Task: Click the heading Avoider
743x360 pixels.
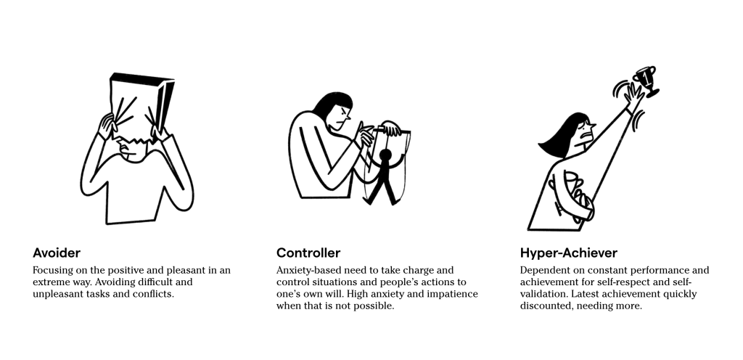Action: click(x=57, y=253)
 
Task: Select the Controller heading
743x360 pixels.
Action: click(x=308, y=253)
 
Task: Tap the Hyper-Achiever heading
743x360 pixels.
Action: click(x=569, y=253)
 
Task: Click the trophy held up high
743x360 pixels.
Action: click(x=646, y=81)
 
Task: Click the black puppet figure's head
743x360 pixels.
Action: click(x=386, y=155)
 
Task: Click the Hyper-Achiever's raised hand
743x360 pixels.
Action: click(x=632, y=95)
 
